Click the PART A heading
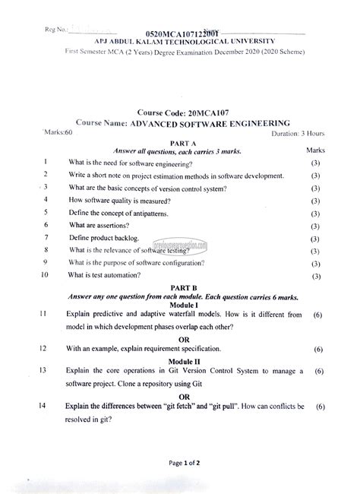click(x=183, y=143)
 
